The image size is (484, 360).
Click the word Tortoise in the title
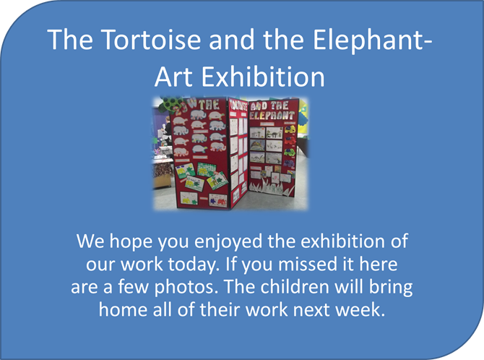(151, 39)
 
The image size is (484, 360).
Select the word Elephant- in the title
(372, 40)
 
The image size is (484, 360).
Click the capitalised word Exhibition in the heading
(263, 77)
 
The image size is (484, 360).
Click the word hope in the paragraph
(131, 242)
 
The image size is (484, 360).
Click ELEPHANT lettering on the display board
(272, 116)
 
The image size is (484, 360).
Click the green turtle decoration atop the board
(170, 103)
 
